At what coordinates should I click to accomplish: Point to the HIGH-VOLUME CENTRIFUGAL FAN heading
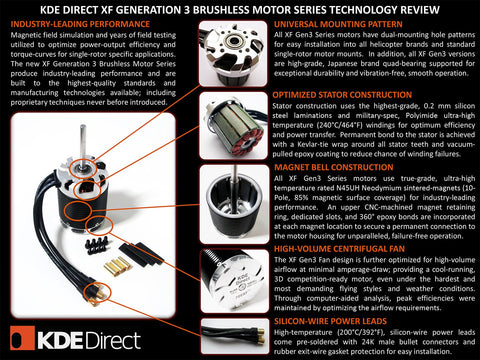point(340,248)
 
